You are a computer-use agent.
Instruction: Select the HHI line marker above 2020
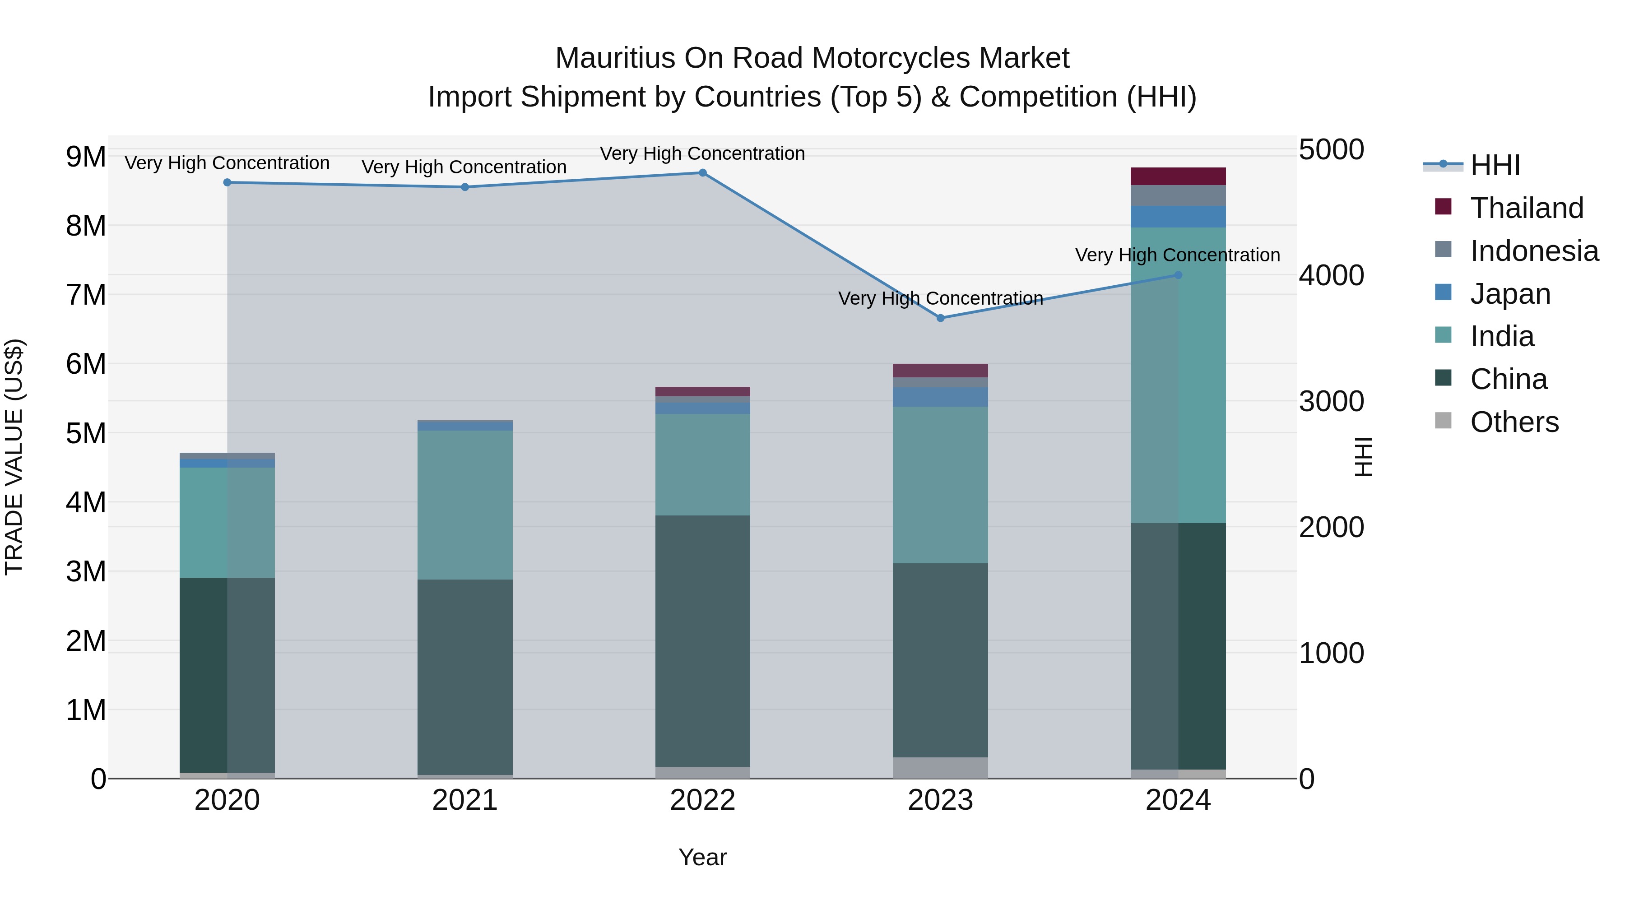[x=227, y=182]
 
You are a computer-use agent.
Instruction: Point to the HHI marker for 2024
[x=1178, y=275]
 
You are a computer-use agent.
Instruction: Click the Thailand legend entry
[x=1527, y=208]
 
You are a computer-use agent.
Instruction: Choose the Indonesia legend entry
[x=1534, y=251]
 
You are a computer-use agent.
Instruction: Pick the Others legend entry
[x=1514, y=422]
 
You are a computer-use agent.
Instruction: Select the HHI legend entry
[x=1495, y=165]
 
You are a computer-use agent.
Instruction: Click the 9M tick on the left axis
[x=86, y=157]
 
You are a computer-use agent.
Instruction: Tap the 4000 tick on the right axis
[x=1331, y=275]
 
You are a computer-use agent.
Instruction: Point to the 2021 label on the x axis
[x=465, y=800]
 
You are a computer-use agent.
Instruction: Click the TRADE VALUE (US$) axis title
[x=14, y=457]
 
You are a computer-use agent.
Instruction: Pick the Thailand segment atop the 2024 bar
[x=1178, y=176]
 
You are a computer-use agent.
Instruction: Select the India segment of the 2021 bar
[x=465, y=505]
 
